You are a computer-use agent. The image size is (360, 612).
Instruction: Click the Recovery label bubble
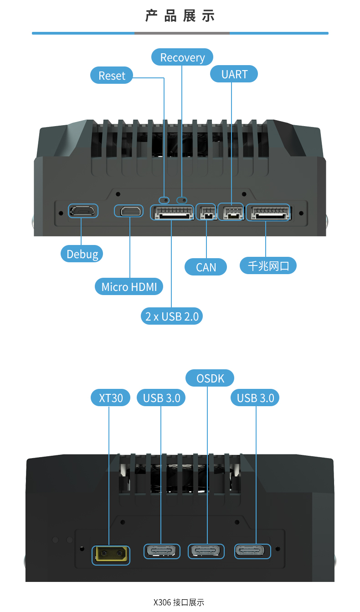(182, 57)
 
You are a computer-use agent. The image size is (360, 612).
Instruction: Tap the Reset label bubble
(112, 76)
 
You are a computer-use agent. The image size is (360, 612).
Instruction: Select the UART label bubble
(234, 74)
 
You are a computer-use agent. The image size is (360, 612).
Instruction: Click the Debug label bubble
(82, 254)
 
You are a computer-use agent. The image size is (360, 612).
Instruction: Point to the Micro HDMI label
(129, 287)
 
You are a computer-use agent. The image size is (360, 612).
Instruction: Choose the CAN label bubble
(206, 267)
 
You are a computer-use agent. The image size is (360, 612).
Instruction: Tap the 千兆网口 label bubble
(268, 265)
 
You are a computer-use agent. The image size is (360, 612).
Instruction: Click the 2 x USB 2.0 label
(172, 316)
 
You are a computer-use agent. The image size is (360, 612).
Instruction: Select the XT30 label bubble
(111, 398)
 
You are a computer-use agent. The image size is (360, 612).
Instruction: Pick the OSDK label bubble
(210, 378)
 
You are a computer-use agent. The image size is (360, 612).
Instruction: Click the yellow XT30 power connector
(111, 555)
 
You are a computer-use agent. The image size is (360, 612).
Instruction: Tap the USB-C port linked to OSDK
(206, 551)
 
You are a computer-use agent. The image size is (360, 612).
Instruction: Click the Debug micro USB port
(82, 211)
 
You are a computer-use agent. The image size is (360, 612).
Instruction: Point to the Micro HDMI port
(130, 211)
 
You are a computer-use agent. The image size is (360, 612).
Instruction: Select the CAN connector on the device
(206, 212)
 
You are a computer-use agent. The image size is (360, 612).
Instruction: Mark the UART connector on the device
(231, 212)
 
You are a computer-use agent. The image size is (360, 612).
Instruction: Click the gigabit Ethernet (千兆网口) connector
(268, 212)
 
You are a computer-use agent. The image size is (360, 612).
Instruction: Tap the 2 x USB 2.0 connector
(172, 212)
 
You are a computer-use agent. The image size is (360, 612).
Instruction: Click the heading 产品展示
(180, 16)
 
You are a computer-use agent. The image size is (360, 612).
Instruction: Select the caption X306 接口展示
(179, 602)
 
